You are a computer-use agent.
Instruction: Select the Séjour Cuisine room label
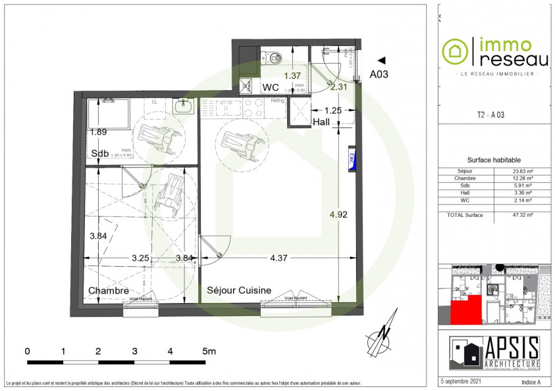238,290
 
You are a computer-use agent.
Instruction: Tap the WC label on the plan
271,87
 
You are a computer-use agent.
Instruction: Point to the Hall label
321,122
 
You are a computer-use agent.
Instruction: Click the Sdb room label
99,154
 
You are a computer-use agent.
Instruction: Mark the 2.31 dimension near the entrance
338,86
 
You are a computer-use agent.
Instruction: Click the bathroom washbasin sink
182,105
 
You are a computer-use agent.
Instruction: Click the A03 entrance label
379,74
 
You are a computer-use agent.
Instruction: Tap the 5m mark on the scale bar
209,352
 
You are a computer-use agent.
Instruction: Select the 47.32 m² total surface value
523,215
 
